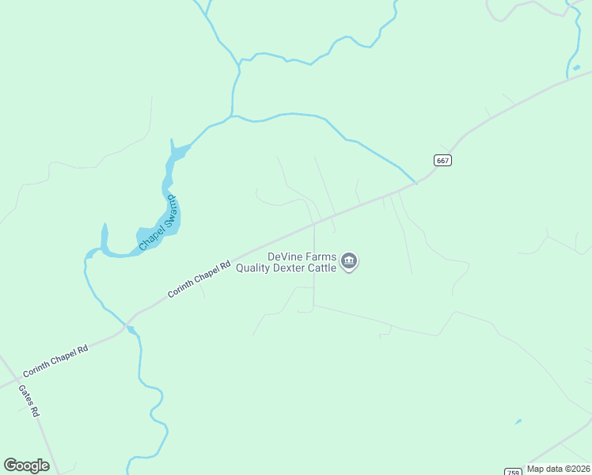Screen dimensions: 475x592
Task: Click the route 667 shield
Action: pos(443,160)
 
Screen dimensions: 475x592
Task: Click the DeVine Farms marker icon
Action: pos(349,261)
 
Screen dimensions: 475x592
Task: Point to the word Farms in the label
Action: pos(321,256)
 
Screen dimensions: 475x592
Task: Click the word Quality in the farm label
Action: pos(256,268)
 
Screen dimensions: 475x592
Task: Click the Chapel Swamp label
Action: pos(158,225)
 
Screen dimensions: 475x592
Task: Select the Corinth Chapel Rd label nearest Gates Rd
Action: pos(55,360)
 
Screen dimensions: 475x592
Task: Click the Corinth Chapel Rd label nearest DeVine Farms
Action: pos(198,280)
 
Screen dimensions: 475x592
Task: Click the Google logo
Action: pos(27,465)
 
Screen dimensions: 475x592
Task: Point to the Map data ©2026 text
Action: pos(558,469)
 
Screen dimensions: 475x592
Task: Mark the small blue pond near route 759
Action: pos(518,421)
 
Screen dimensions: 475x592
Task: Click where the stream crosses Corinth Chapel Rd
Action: pos(127,325)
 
